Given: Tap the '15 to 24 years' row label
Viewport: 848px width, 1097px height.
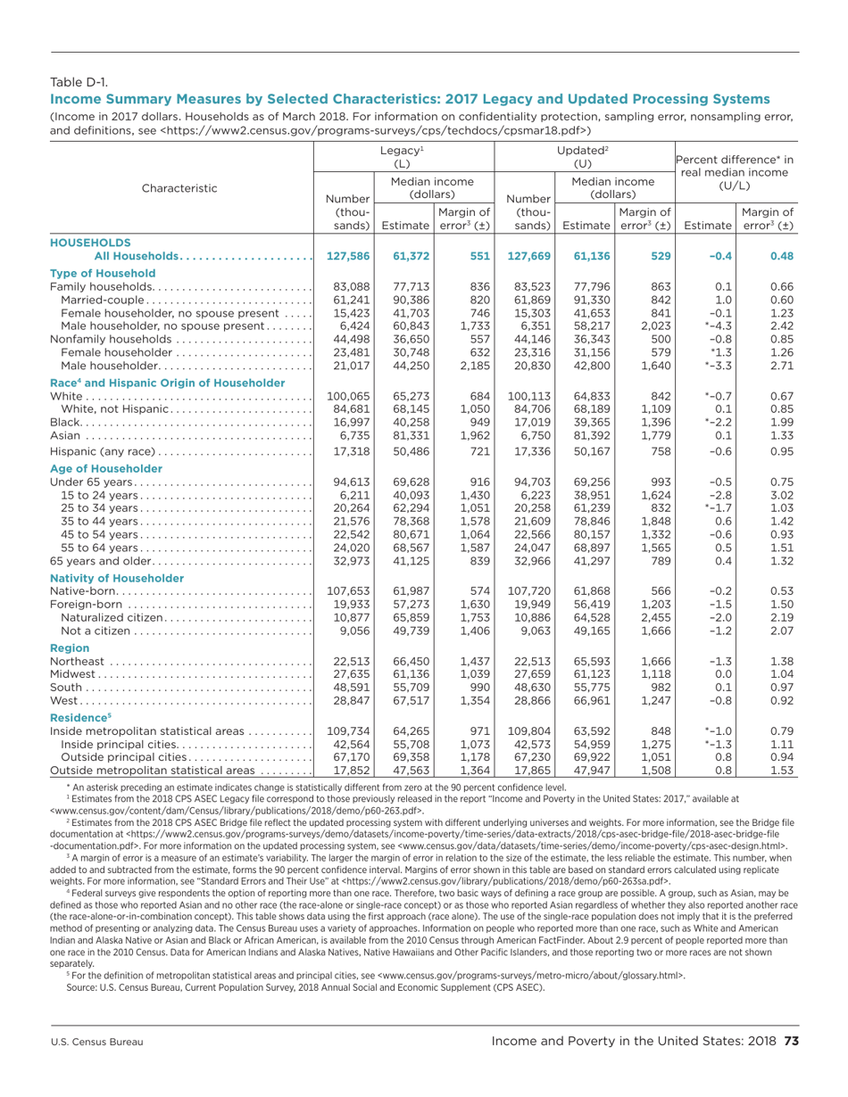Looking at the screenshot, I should (x=98, y=496).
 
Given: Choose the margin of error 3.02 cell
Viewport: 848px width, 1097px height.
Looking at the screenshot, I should (x=777, y=496).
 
